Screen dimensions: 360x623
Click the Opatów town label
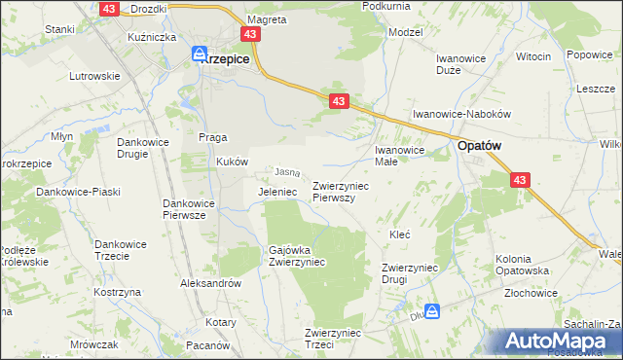pyautogui.click(x=480, y=146)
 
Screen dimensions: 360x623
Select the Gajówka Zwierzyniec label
pyautogui.click(x=297, y=256)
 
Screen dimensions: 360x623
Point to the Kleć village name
pyautogui.click(x=399, y=235)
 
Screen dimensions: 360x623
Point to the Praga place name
pyautogui.click(x=212, y=136)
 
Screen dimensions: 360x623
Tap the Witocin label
pyautogui.click(x=532, y=56)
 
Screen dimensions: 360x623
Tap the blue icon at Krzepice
pyautogui.click(x=200, y=55)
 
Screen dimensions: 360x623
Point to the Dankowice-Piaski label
pyautogui.click(x=78, y=192)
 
